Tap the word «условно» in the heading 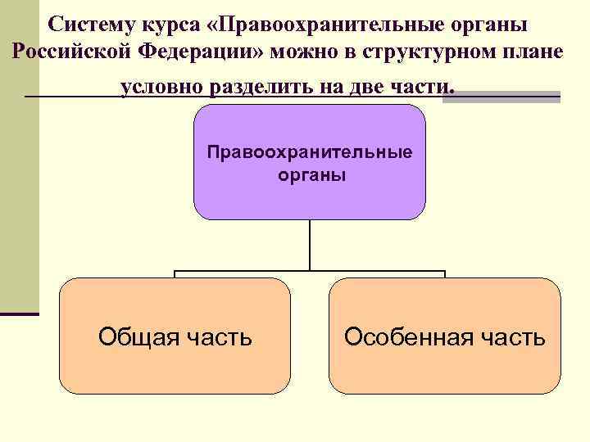coord(161,87)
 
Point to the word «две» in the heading coord(364,87)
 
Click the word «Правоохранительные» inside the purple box coord(310,152)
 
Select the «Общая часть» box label coord(175,336)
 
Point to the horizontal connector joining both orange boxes coord(310,271)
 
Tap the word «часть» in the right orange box coord(516,336)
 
